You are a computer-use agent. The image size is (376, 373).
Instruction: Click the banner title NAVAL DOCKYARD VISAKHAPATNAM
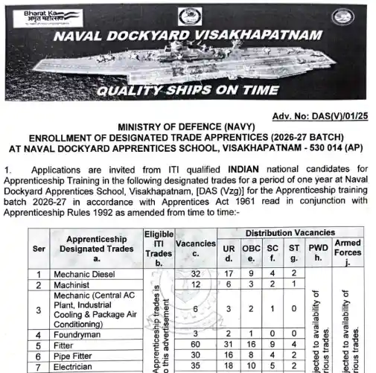[186, 37]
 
